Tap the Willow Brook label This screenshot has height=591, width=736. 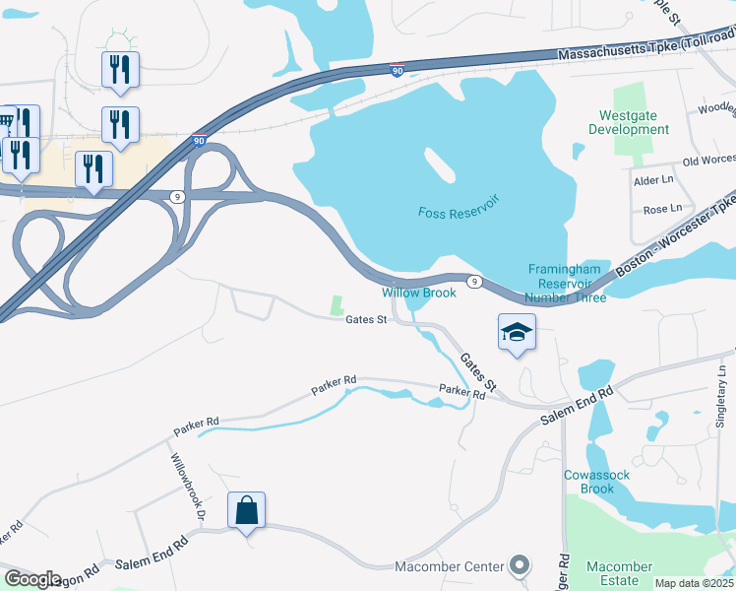tap(419, 293)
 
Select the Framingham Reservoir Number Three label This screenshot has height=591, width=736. tap(565, 283)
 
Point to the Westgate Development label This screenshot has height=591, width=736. tap(628, 122)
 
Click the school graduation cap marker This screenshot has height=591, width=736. tap(517, 333)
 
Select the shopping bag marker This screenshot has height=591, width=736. tap(246, 511)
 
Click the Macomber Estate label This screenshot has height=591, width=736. tap(620, 573)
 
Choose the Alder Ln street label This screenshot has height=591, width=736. tap(652, 181)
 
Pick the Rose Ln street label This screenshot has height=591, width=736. tap(661, 209)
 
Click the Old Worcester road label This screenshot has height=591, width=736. tap(708, 161)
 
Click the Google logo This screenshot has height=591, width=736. tap(33, 578)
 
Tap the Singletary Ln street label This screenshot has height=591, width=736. tap(721, 394)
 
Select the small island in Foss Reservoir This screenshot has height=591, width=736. tap(439, 166)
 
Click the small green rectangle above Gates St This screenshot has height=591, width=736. tap(337, 305)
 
